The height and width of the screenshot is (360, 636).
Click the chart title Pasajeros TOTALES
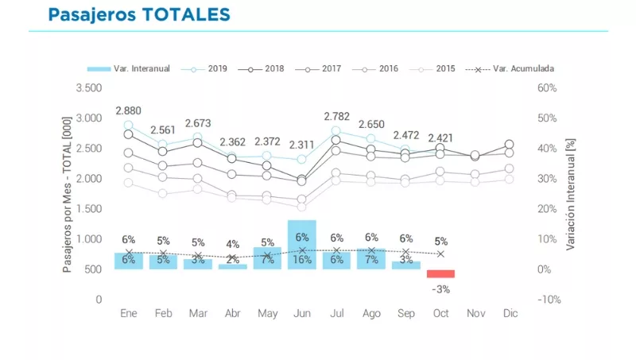pos(139,14)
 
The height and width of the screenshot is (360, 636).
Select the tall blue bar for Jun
pos(302,238)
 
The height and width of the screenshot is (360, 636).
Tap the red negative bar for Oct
pos(440,273)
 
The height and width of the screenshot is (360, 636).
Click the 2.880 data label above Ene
pos(129,110)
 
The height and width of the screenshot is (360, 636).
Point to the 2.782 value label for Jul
pos(336,117)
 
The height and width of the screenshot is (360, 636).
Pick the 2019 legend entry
pos(209,68)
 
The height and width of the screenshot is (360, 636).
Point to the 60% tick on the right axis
pos(548,87)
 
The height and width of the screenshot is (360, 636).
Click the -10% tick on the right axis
pos(549,300)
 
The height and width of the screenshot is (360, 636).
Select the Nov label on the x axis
pos(475,314)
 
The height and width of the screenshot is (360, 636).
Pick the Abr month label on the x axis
pos(232,314)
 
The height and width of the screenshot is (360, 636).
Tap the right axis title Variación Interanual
pos(570,193)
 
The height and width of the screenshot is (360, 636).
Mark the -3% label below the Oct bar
pos(441,288)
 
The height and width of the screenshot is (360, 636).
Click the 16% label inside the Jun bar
pos(302,260)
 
